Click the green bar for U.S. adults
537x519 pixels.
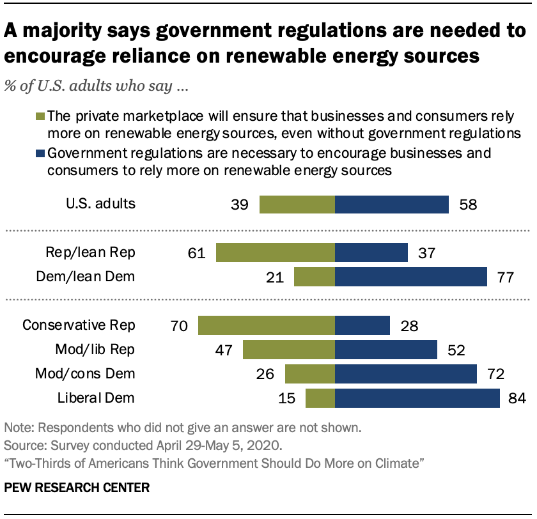pyautogui.click(x=297, y=205)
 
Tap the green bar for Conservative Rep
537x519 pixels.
pyautogui.click(x=266, y=325)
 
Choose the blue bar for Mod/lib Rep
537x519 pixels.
pyautogui.click(x=385, y=350)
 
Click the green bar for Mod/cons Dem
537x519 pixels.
pyautogui.click(x=309, y=374)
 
